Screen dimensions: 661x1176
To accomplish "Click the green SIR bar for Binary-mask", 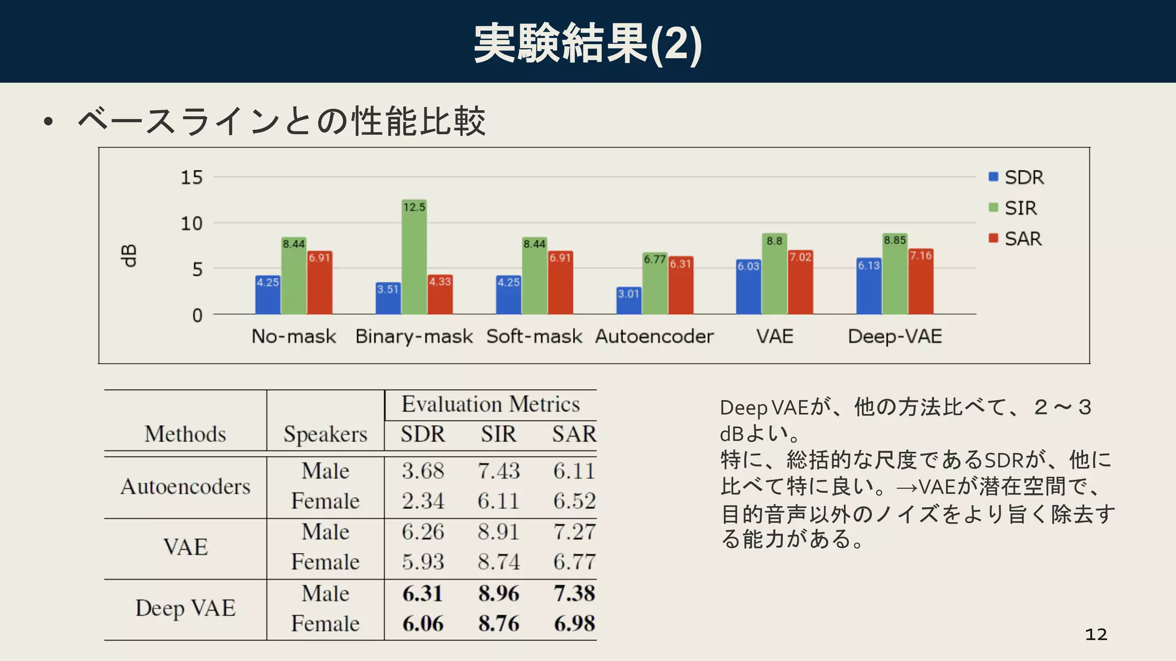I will (414, 264).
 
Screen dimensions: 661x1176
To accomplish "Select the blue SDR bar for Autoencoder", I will (629, 303).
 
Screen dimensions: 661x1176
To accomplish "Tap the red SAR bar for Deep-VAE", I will (920, 284).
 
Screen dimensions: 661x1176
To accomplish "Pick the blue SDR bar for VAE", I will (749, 290).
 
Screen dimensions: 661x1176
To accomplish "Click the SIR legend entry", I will (1013, 208).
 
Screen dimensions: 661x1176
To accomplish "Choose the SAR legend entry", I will (1015, 239).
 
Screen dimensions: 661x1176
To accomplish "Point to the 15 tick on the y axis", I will (192, 177).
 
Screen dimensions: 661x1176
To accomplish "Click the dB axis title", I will (129, 256).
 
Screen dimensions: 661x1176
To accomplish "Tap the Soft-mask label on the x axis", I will (534, 336).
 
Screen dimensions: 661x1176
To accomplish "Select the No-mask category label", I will (293, 336).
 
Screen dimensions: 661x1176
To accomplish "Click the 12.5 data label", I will (414, 207).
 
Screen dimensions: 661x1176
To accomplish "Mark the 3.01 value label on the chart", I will (629, 294).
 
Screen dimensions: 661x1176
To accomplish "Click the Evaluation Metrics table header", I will (490, 405).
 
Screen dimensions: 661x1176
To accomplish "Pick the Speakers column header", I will (325, 434).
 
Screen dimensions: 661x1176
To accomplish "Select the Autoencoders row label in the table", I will (185, 487).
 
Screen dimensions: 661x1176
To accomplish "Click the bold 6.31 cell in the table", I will (423, 593).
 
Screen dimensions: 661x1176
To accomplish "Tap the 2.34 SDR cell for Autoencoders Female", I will (423, 501).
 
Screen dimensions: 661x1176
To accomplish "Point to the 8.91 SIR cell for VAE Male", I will (498, 532).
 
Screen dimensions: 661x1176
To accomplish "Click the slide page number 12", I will (1096, 634).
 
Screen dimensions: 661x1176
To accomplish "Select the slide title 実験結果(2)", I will (587, 44).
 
